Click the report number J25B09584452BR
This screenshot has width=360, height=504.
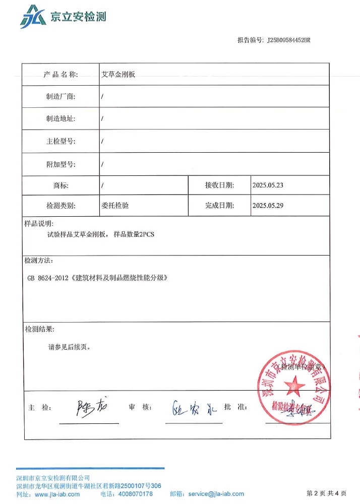[x=288, y=39]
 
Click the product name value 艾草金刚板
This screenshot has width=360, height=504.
[x=118, y=75]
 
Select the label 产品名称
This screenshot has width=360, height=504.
[x=60, y=75]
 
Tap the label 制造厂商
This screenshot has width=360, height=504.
[x=61, y=97]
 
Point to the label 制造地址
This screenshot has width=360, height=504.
[x=61, y=119]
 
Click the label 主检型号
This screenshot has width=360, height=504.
[x=61, y=142]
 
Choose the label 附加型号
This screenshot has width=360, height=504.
[x=61, y=164]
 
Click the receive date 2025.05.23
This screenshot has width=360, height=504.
[x=268, y=185]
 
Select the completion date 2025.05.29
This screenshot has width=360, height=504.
[x=268, y=206]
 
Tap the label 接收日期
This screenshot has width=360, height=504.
[x=219, y=185]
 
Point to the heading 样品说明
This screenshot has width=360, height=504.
[x=38, y=223]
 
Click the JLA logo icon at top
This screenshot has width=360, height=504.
[x=32, y=17]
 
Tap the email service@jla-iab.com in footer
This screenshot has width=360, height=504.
[x=216, y=494]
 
